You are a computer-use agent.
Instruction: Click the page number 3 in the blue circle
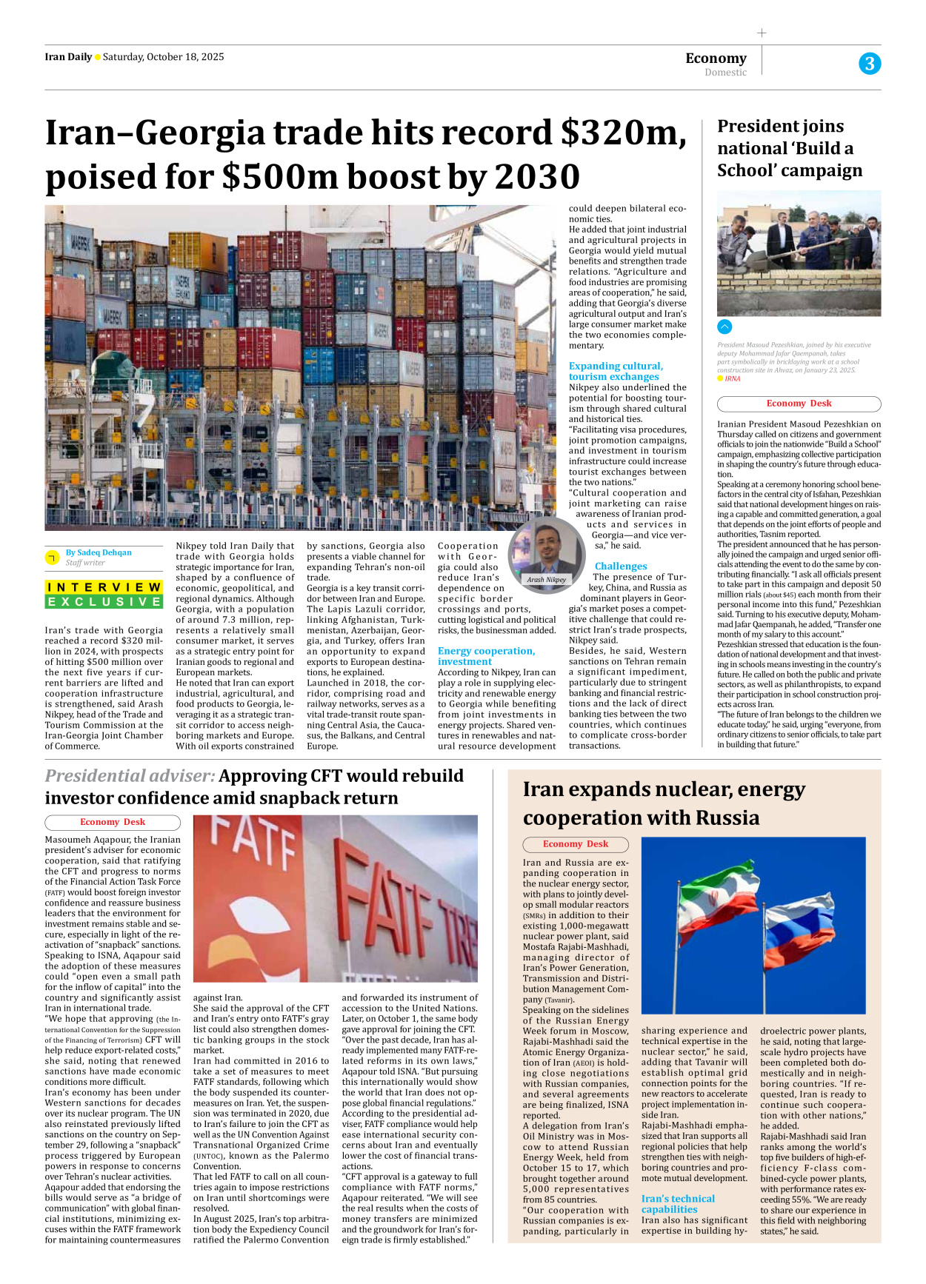[870, 64]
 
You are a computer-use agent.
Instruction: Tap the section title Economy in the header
[716, 58]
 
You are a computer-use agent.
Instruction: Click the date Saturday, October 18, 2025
[163, 57]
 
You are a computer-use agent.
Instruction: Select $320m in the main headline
[622, 133]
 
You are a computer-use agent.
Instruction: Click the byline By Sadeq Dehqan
[99, 552]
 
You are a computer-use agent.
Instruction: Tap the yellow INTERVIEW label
[104, 587]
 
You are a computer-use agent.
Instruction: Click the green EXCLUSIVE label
[104, 602]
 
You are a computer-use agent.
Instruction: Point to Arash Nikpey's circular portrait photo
[547, 548]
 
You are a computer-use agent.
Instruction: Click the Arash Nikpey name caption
[547, 580]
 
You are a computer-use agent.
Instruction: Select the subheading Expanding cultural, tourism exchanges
[616, 371]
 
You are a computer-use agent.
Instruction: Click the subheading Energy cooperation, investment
[485, 656]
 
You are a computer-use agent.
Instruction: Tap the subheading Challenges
[621, 566]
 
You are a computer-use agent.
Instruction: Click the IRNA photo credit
[732, 378]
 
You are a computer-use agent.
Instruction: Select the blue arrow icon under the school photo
[725, 327]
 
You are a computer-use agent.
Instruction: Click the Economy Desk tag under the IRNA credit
[799, 404]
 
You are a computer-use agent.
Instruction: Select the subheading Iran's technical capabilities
[678, 1204]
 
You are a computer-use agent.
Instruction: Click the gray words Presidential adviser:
[130, 776]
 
